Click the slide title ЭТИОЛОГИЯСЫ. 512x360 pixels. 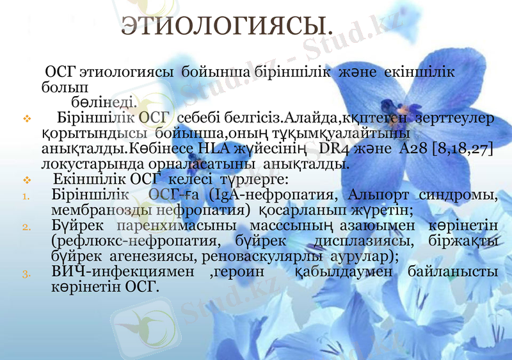(228, 28)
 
